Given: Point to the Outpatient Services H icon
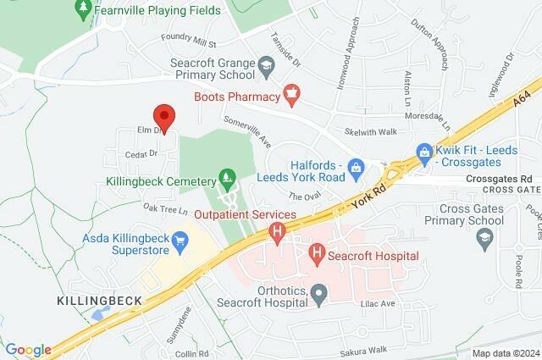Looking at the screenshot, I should [x=276, y=231].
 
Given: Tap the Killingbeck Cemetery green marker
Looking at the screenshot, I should [x=226, y=179].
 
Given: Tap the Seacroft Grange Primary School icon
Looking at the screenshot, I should [x=267, y=64].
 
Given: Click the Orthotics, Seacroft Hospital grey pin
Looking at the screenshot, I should [x=319, y=295].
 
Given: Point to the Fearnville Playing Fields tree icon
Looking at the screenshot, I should [x=83, y=9].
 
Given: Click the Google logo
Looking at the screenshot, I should [x=27, y=350].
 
